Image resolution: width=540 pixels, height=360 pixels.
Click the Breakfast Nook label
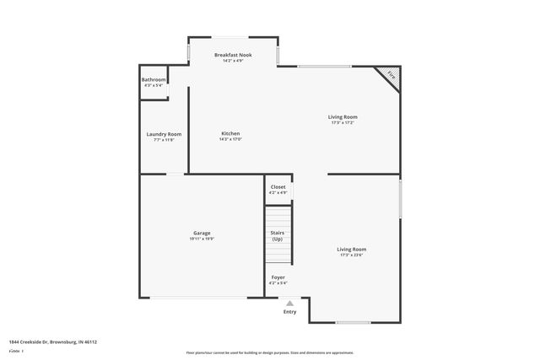[x=232, y=54]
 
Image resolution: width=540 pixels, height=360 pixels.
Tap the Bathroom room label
[x=153, y=80]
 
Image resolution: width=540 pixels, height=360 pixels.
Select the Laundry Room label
[x=164, y=134]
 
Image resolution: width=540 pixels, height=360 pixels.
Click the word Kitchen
[x=230, y=134]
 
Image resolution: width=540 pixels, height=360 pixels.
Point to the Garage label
[x=202, y=233]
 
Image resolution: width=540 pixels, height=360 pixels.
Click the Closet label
[x=278, y=186]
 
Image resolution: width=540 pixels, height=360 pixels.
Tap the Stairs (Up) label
[x=277, y=235]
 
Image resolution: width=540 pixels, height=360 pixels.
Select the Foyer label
[x=278, y=277]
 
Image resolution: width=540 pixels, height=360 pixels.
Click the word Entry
[x=289, y=312]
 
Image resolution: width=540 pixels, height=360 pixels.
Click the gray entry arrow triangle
[x=289, y=304]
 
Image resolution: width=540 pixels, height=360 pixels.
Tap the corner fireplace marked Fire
[x=391, y=74]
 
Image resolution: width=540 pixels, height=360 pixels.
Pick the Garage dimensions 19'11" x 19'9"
[x=202, y=239]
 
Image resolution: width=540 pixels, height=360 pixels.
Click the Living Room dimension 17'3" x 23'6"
[x=352, y=255]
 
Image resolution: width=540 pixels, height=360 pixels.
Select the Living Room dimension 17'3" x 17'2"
[x=343, y=123]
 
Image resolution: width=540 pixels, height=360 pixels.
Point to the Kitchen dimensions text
[x=230, y=140]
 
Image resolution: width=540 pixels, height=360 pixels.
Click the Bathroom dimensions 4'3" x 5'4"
[x=153, y=86]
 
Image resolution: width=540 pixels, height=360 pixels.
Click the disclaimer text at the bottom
[x=269, y=352]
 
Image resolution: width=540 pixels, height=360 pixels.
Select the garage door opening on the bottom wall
[x=199, y=298]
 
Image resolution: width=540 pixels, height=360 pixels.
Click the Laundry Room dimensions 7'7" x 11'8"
[x=164, y=140]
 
